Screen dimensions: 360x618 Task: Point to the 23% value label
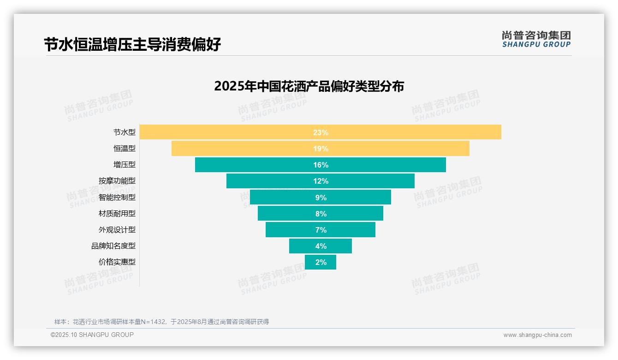click(x=321, y=132)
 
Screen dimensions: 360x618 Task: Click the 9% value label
click(x=321, y=198)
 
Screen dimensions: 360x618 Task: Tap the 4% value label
click(x=321, y=246)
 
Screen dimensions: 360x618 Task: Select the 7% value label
click(x=321, y=230)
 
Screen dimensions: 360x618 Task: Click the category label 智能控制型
click(x=117, y=197)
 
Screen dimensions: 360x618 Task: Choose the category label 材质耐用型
click(x=117, y=213)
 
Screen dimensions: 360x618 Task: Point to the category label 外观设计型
click(x=117, y=229)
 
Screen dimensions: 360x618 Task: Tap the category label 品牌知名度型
click(x=113, y=246)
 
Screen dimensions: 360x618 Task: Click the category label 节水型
click(x=125, y=132)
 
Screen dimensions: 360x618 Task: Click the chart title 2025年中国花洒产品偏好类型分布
click(x=309, y=86)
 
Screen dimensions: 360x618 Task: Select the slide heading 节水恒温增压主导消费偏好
click(x=132, y=44)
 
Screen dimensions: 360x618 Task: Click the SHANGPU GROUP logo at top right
click(x=536, y=39)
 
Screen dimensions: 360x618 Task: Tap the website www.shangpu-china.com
click(x=537, y=335)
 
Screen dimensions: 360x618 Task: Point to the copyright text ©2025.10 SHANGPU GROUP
click(x=92, y=335)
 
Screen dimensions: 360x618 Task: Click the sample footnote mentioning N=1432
click(x=161, y=322)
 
